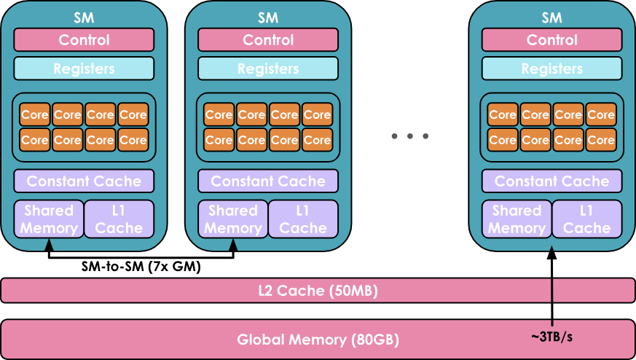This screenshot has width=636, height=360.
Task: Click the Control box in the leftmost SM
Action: click(x=84, y=40)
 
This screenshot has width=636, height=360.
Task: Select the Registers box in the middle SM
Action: click(x=268, y=69)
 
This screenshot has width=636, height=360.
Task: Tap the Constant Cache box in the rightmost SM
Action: click(x=551, y=181)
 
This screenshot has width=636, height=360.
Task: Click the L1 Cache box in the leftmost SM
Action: click(x=119, y=219)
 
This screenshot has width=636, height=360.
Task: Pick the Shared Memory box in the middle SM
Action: click(x=233, y=219)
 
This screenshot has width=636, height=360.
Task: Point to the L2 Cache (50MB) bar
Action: click(x=318, y=291)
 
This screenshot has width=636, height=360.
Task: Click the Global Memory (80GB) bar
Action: click(x=318, y=339)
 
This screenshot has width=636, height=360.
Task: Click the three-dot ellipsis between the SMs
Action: click(x=409, y=136)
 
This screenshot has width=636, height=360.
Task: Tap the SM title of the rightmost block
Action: click(x=551, y=17)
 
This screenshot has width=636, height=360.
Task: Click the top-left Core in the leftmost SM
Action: click(x=34, y=114)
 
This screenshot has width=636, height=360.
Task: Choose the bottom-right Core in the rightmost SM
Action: click(x=601, y=139)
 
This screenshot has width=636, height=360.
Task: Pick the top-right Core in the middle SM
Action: click(x=317, y=114)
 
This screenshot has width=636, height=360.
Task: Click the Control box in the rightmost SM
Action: click(x=551, y=40)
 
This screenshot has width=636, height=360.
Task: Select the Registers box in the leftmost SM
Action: click(x=84, y=69)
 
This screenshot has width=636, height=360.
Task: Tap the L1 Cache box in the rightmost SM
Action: click(x=586, y=219)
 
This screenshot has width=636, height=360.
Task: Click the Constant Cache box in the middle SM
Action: click(x=268, y=181)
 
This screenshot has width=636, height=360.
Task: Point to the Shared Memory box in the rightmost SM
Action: click(x=517, y=219)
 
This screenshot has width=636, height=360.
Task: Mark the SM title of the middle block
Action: click(x=268, y=17)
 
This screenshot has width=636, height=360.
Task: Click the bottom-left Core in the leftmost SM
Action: click(x=34, y=139)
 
